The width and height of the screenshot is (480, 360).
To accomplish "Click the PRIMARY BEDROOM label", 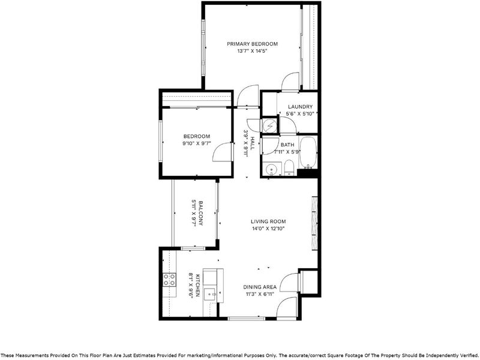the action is tap(252, 44).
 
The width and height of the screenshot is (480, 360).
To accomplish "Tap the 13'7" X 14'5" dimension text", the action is tap(252, 51).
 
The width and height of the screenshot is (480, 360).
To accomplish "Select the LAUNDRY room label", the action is tap(301, 107).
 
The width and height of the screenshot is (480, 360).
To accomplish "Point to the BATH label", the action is tap(287, 145).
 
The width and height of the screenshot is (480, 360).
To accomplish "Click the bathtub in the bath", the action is tap(308, 153).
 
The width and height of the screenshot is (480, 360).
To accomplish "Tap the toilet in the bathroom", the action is tap(289, 168).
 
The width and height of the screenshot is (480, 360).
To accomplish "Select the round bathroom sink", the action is tap(271, 169).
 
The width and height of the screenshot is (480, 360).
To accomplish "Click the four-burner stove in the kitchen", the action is tap(169, 280).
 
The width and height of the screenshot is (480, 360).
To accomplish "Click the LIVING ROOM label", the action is tap(268, 221).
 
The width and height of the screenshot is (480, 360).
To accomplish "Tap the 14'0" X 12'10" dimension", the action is tap(268, 229).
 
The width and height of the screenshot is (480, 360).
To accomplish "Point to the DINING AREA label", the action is tap(260, 287).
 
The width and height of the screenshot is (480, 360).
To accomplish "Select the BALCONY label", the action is tap(200, 213).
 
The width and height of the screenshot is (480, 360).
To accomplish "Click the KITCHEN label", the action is tap(197, 286).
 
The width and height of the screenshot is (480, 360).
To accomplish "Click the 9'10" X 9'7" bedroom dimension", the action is tap(197, 143).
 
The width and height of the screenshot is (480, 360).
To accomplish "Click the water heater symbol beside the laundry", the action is tap(269, 125).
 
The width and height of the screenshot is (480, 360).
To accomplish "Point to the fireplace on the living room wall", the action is tap(314, 223).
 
